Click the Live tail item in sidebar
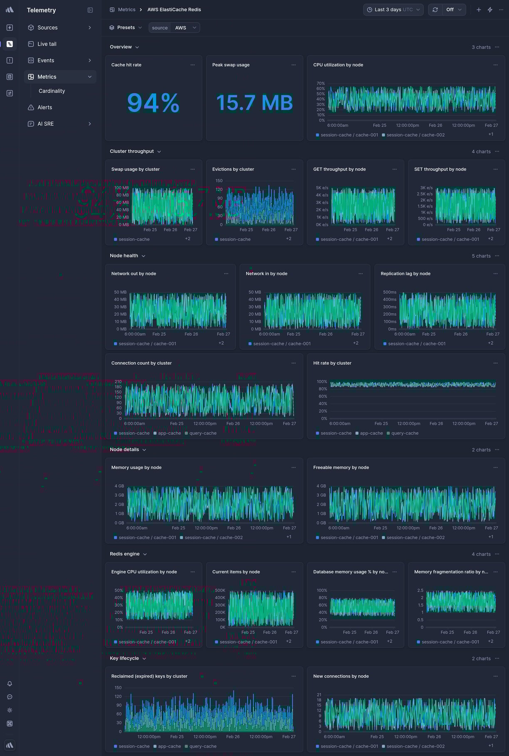point(47,44)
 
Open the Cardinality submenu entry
point(52,91)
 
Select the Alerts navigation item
point(44,107)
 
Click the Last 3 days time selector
point(393,10)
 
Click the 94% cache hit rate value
point(153,103)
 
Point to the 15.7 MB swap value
point(254,103)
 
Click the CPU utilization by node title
point(338,65)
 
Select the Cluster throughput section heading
point(132,151)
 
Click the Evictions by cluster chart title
point(233,169)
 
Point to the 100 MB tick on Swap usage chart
point(121,188)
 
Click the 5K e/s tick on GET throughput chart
point(322,188)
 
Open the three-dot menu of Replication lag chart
point(495,274)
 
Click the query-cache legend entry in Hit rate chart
point(404,433)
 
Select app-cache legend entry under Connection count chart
point(169,433)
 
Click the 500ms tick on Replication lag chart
point(390,292)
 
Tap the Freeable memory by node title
point(341,468)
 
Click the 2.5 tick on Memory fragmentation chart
point(420,590)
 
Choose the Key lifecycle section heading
point(124,658)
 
